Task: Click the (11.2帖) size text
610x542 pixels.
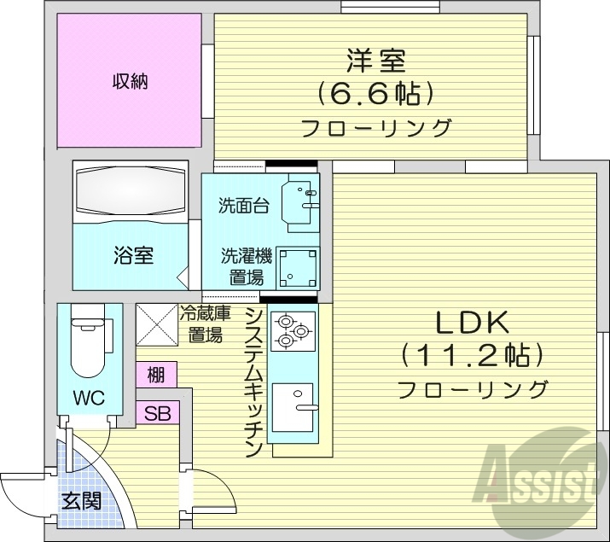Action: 472,355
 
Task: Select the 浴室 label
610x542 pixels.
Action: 134,254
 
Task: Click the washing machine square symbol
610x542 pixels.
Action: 299,267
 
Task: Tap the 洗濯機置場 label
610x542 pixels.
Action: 245,265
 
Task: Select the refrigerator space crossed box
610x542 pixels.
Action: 157,324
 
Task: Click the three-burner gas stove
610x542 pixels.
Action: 292,330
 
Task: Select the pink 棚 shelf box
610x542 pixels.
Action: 156,374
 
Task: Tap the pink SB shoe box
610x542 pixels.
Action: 157,414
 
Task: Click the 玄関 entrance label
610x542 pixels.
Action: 80,501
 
